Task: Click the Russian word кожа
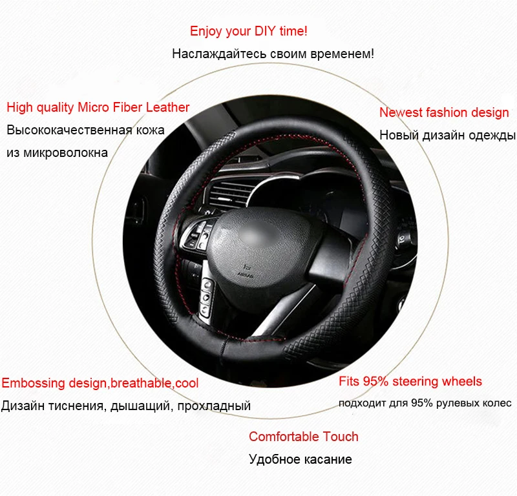(151, 129)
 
